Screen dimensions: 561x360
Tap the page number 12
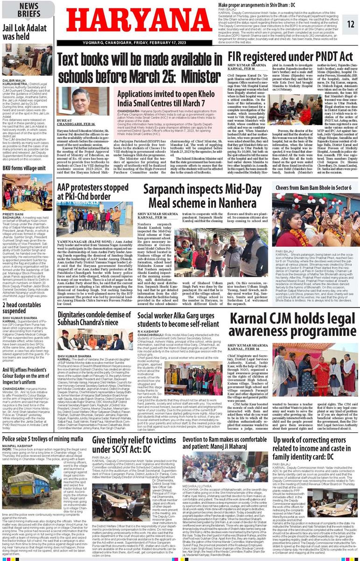[x=351, y=24]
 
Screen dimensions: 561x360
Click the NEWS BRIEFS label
[x=29, y=10]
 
